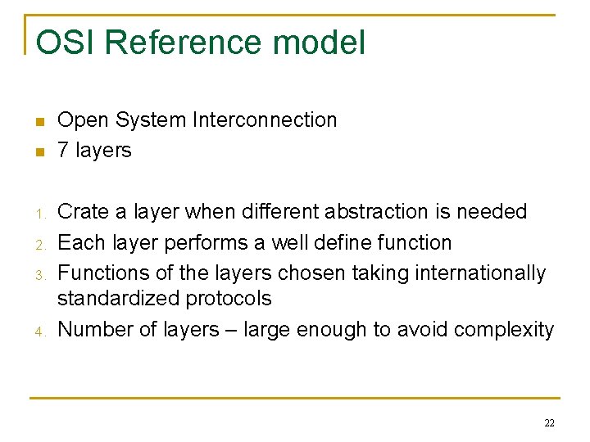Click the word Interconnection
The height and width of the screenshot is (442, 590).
[265, 120]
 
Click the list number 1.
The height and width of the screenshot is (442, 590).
[39, 214]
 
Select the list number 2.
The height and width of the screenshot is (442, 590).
[39, 244]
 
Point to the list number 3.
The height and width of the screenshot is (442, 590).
[39, 274]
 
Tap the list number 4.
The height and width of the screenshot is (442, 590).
[39, 331]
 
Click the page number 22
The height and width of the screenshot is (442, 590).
[548, 423]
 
